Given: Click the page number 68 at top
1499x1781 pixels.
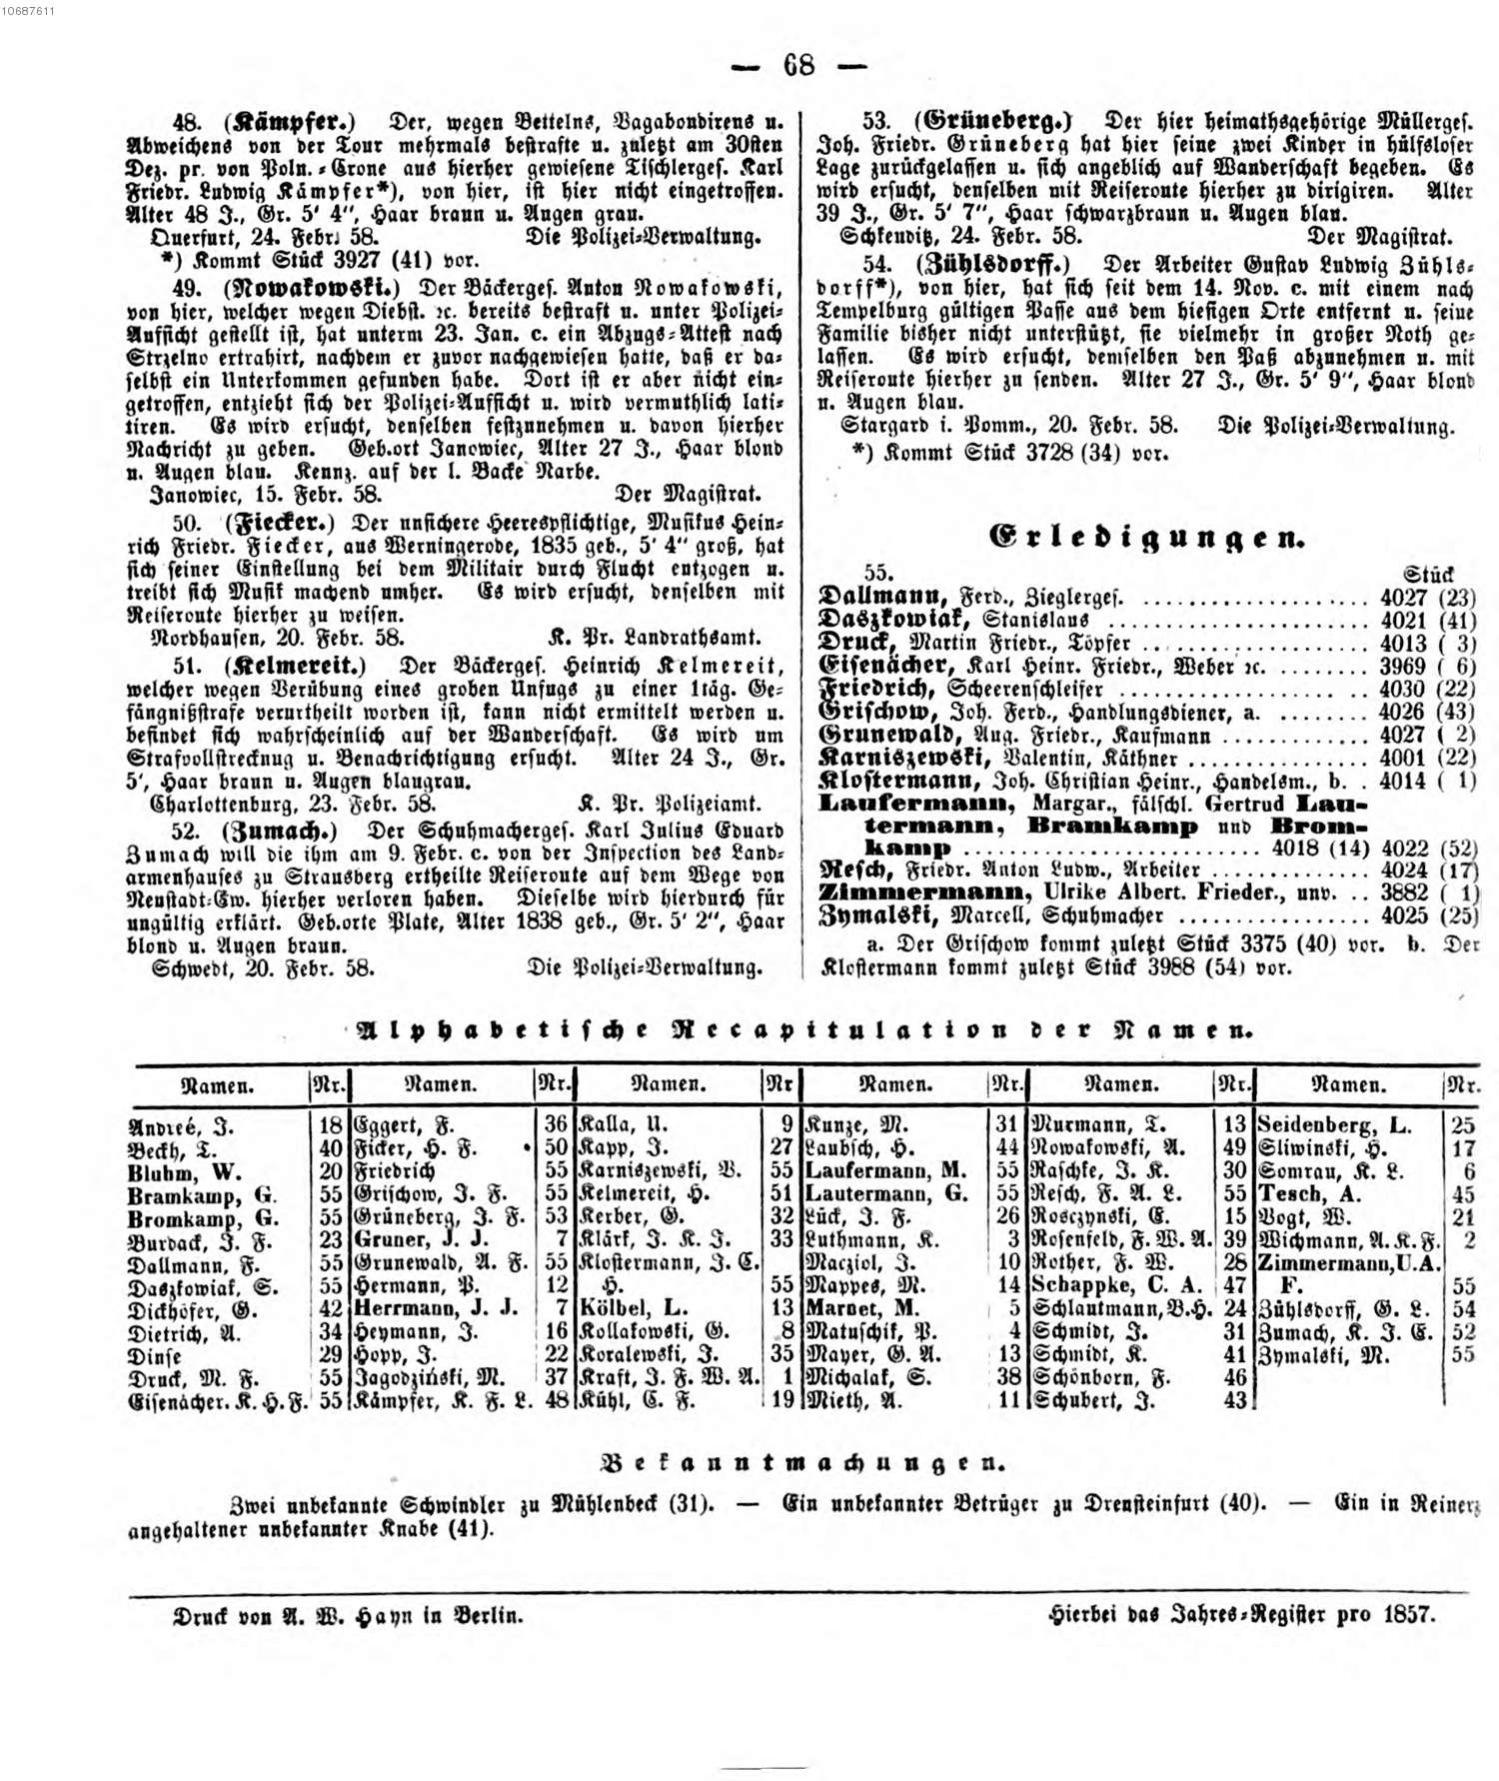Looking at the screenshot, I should [x=798, y=65].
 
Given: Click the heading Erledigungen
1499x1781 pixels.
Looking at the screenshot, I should [x=1146, y=537].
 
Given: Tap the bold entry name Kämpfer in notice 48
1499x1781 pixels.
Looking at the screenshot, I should [x=291, y=122].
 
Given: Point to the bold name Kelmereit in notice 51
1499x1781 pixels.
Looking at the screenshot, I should [x=294, y=665].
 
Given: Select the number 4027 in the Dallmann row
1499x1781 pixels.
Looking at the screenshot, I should [x=1403, y=598].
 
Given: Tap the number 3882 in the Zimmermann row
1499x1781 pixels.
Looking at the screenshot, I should [x=1403, y=892].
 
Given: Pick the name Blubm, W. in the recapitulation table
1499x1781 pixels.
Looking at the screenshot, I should [x=184, y=1172].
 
